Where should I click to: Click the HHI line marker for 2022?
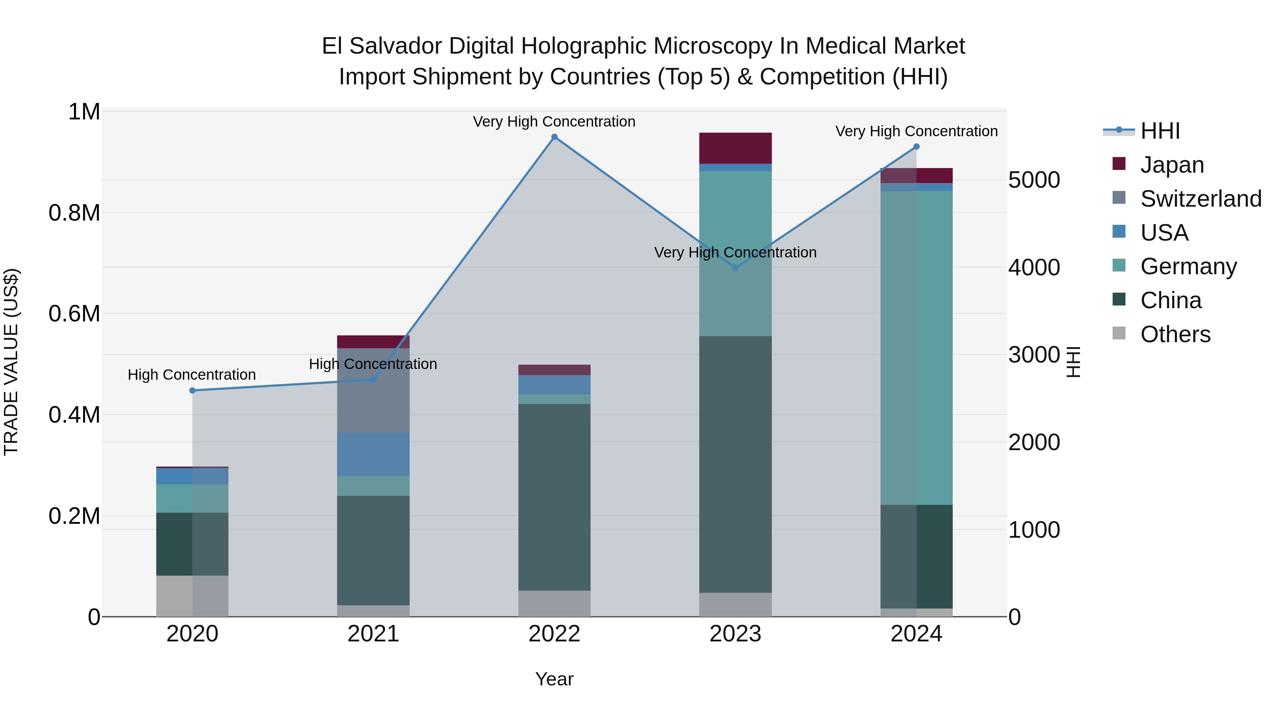click(554, 137)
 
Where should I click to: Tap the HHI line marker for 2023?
click(735, 268)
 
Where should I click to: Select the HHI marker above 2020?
click(192, 390)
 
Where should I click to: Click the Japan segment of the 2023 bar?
click(735, 148)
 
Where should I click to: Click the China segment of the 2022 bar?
click(554, 497)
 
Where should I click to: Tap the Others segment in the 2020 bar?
click(192, 596)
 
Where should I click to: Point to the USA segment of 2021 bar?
click(373, 454)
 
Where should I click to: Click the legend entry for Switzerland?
click(1200, 198)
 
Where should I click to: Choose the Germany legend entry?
click(1188, 266)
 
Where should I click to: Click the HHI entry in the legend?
click(1160, 131)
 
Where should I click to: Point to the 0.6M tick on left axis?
click(74, 314)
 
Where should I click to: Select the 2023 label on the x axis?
click(735, 634)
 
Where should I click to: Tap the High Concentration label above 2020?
click(192, 374)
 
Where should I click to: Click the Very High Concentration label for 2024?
click(916, 132)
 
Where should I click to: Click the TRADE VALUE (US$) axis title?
click(11, 362)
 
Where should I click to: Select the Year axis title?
click(554, 679)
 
